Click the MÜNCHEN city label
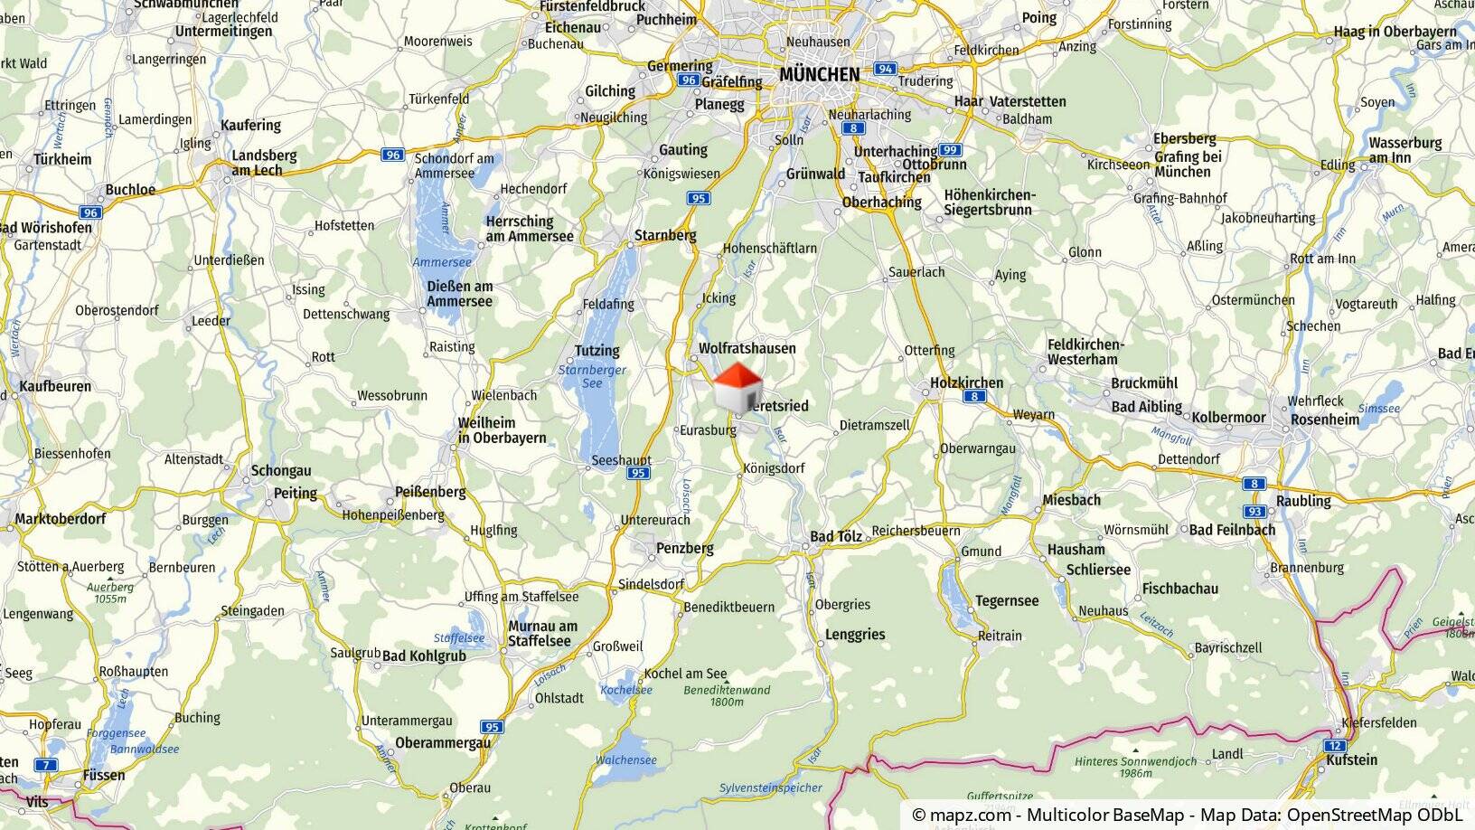(x=819, y=74)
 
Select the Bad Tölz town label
(x=835, y=537)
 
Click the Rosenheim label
(x=1325, y=420)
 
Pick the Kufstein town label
(x=1352, y=759)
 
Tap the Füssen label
(x=103, y=775)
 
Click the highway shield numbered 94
(x=885, y=69)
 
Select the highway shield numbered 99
(x=949, y=150)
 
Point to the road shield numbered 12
(x=1336, y=746)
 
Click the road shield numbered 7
(x=46, y=765)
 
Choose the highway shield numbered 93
(x=1253, y=511)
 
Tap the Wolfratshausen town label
(x=747, y=348)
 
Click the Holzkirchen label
(x=966, y=382)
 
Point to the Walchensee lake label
(x=625, y=760)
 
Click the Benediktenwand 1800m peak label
(x=727, y=695)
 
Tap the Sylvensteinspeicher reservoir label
(x=771, y=788)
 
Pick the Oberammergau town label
(x=443, y=743)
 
